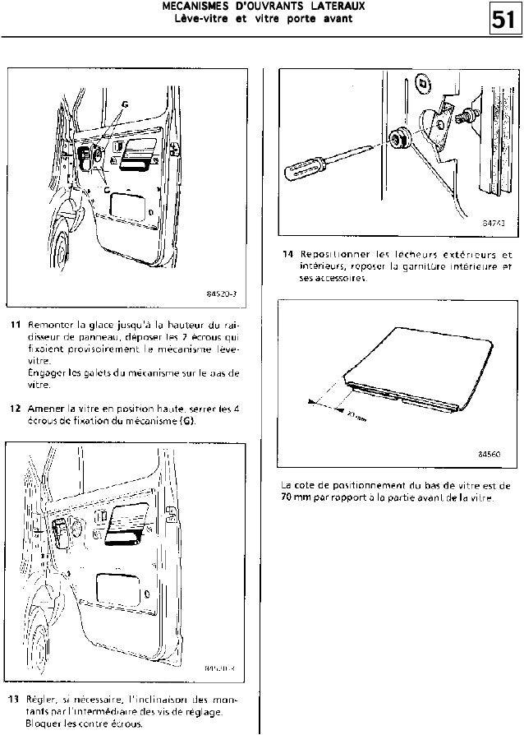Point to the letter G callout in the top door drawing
(125, 104)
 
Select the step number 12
(13, 409)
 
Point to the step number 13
(13, 698)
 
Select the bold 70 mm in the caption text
(293, 498)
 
